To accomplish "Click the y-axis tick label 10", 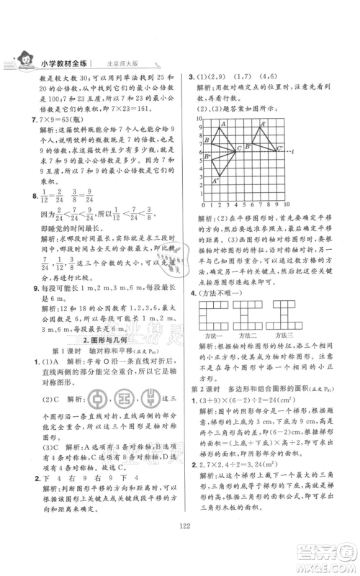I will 202,120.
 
